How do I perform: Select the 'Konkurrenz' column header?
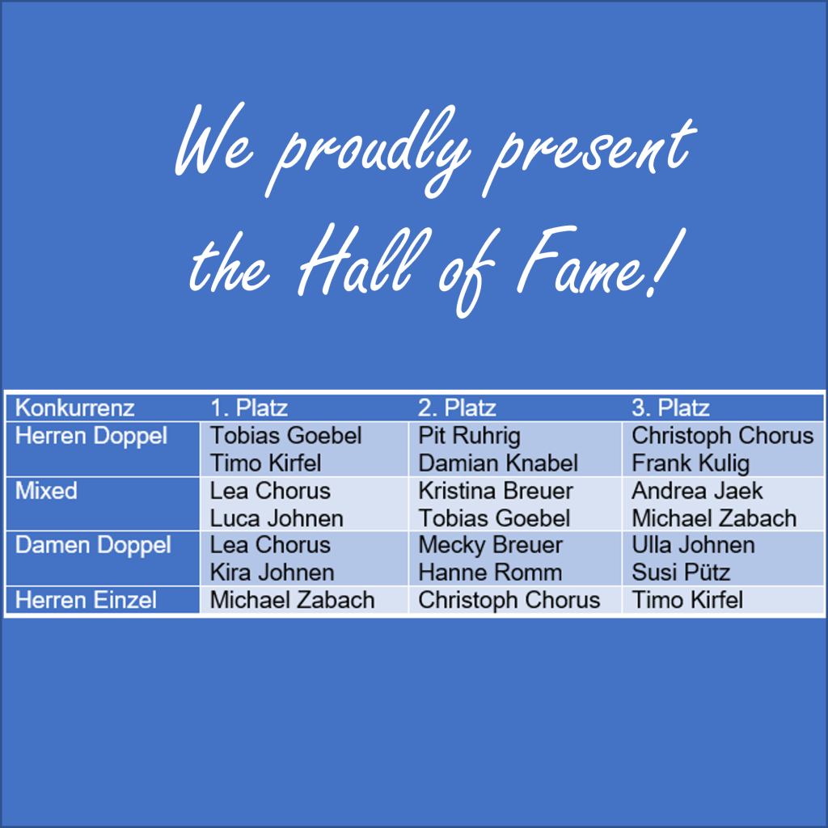pyautogui.click(x=74, y=408)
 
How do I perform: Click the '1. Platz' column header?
pyautogui.click(x=249, y=408)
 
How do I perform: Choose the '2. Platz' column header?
pyautogui.click(x=457, y=408)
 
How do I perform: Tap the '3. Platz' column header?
pyautogui.click(x=670, y=408)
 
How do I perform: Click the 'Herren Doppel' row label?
pyautogui.click(x=91, y=437)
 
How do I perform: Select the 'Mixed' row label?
pyautogui.click(x=46, y=491)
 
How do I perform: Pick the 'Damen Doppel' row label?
pyautogui.click(x=93, y=546)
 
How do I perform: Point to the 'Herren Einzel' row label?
pyautogui.click(x=86, y=600)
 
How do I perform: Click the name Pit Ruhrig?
pyautogui.click(x=469, y=437)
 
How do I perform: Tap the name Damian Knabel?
pyautogui.click(x=498, y=463)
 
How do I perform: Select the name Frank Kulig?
pyautogui.click(x=691, y=464)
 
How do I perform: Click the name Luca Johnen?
pyautogui.click(x=277, y=518)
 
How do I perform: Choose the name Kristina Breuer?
pyautogui.click(x=496, y=491)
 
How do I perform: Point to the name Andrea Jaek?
pyautogui.click(x=697, y=491)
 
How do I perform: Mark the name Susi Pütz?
pyautogui.click(x=681, y=572)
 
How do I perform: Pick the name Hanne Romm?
pyautogui.click(x=490, y=572)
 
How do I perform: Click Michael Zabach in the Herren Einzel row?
pyautogui.click(x=292, y=600)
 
